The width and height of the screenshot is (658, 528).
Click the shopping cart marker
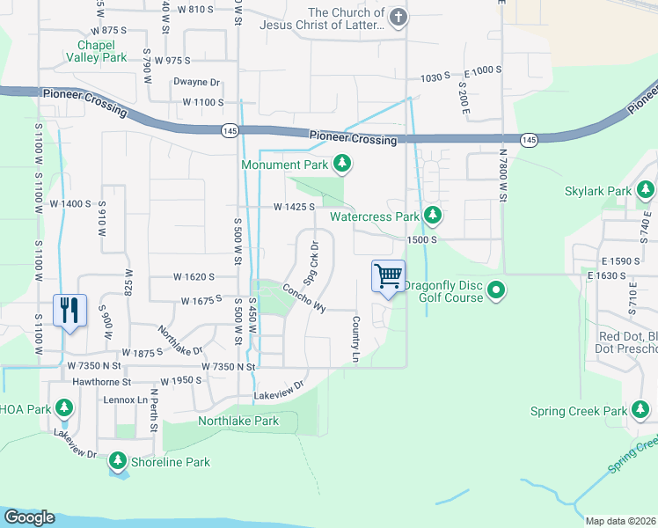[388, 277]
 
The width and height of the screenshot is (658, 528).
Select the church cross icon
[398, 18]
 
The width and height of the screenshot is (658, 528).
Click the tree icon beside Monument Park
[342, 164]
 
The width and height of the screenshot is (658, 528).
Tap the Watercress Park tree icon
[432, 216]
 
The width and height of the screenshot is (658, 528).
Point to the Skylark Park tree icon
[646, 190]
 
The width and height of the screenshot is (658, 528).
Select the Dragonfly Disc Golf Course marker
[497, 290]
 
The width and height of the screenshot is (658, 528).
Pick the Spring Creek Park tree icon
[640, 410]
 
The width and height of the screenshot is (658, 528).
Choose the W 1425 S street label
[294, 208]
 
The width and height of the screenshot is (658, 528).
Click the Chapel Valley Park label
[97, 51]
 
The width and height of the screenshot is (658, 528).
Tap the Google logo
[29, 517]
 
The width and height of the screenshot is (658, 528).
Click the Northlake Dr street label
[180, 339]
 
